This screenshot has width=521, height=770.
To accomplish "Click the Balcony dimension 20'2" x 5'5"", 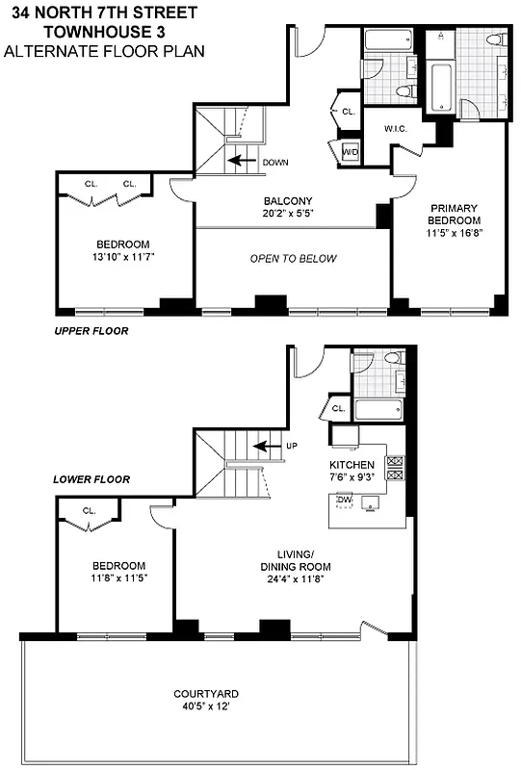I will tap(287, 214).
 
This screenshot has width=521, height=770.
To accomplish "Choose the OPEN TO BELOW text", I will tap(293, 258).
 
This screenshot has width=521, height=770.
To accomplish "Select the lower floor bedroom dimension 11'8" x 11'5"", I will tap(118, 577).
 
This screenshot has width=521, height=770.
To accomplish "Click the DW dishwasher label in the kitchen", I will tap(344, 500).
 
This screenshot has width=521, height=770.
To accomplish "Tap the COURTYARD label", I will tap(205, 693).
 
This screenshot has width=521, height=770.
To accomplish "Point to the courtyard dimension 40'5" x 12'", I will tap(205, 706).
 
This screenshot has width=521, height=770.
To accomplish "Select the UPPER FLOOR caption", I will tap(91, 330).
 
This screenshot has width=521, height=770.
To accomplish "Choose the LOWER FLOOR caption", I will tap(91, 478).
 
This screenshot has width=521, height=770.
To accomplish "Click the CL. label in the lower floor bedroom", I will tap(90, 510).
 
